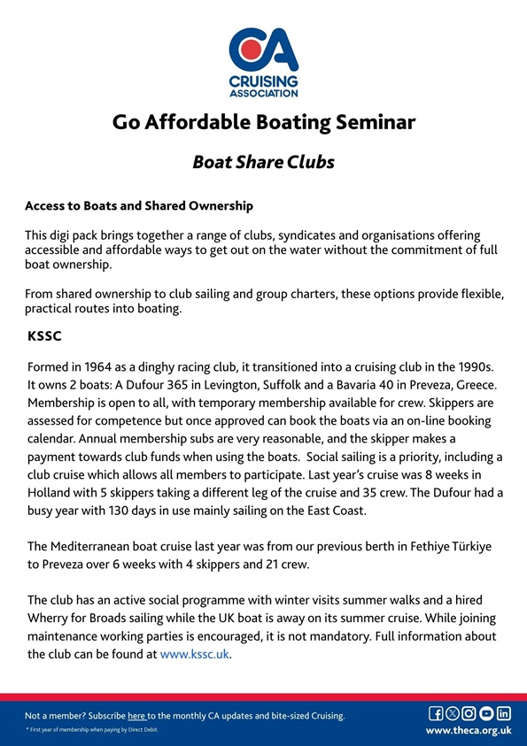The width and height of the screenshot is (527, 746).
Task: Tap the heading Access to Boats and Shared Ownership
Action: pos(139,206)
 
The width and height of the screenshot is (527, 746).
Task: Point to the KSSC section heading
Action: pos(46,337)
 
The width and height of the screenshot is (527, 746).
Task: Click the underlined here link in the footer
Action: pos(136,715)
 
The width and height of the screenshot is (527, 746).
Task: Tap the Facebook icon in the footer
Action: pos(436,713)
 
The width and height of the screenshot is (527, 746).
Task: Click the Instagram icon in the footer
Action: pos(469,713)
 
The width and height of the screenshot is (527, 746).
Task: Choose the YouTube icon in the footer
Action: pos(486,713)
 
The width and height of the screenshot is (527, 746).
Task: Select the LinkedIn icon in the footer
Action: pos(503,713)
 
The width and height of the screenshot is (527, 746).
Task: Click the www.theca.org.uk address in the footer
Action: pos(469,731)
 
